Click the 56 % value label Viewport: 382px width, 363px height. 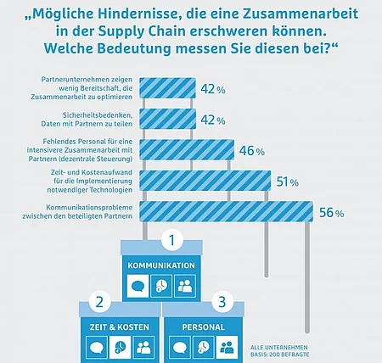point(332,213)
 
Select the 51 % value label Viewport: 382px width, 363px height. point(288,181)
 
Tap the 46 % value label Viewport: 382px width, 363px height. point(252,151)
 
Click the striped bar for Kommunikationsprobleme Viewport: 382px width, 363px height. point(227,211)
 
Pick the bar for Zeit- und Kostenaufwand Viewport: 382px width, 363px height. point(205,181)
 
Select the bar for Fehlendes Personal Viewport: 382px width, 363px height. point(187,150)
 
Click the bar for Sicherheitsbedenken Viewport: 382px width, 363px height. point(167,119)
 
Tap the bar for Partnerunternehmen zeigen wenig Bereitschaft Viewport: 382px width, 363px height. point(167,88)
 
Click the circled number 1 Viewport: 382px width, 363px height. point(171,241)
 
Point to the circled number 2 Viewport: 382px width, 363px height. point(99,302)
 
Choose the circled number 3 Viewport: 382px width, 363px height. point(222,302)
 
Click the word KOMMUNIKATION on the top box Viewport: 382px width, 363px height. point(161,265)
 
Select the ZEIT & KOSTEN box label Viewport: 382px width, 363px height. point(120,327)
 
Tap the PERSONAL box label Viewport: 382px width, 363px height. point(203,327)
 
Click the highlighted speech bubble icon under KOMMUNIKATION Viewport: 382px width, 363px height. point(138,286)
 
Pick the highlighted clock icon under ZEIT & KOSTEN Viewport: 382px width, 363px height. point(121,348)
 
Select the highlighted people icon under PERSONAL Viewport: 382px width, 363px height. point(227,348)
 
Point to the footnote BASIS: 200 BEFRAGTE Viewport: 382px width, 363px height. point(279,355)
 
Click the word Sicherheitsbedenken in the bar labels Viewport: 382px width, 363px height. point(98,115)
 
